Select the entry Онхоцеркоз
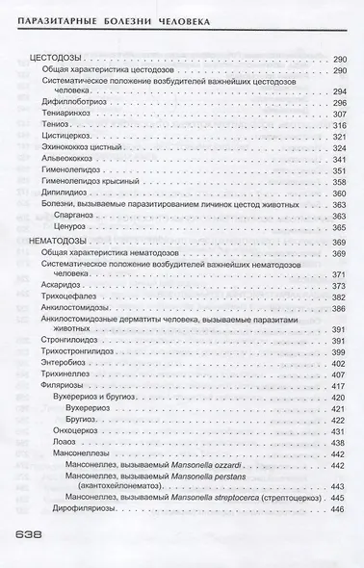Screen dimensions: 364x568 coord(84,431)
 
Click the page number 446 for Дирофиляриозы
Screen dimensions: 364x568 coord(337,510)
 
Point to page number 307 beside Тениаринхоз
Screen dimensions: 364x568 coord(337,114)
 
